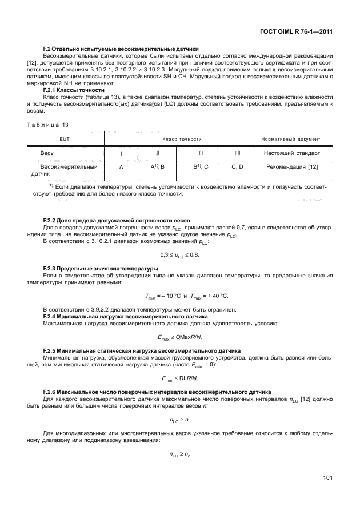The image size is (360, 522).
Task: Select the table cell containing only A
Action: (121, 167)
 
